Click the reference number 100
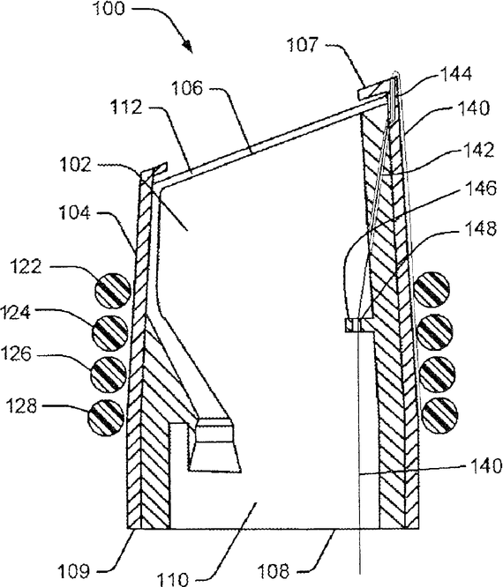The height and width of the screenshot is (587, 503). tap(108, 8)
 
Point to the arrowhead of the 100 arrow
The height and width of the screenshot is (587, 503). tap(188, 48)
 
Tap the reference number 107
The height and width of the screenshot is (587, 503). tap(302, 45)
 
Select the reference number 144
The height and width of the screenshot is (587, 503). tap(455, 74)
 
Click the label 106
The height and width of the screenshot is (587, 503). tap(187, 88)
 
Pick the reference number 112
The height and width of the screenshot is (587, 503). tap(127, 108)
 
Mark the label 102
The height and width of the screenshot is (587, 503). tap(76, 164)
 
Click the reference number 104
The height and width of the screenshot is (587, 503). tap(75, 213)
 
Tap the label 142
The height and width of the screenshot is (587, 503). tap(478, 150)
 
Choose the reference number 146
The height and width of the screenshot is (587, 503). tap(481, 188)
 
